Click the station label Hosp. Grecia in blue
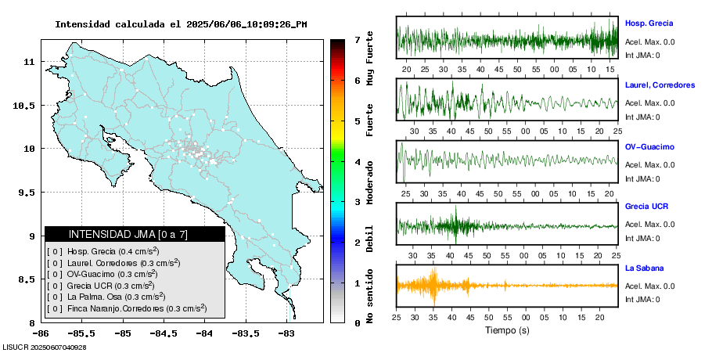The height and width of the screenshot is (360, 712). pos(649,23)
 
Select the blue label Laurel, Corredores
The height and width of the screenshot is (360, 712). pos(660,85)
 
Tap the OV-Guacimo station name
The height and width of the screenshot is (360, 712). pos(649,146)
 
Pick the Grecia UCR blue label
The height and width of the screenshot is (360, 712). pos(646,207)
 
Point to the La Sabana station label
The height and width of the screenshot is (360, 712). pos(643,268)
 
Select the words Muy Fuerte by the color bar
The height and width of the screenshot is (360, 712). pos(370,59)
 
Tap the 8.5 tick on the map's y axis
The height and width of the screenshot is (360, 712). pos(29,279)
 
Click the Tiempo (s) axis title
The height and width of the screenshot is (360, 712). pos(507,330)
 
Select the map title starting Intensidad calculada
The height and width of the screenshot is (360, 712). pos(181,24)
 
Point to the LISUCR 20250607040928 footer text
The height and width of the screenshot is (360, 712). pos(45,347)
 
